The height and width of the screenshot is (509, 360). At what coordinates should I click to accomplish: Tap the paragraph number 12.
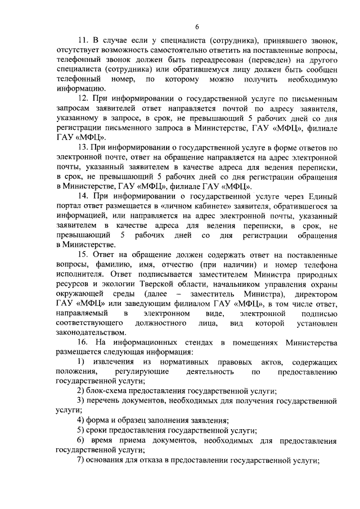click(83, 98)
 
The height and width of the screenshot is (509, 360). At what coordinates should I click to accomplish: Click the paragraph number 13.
click(83, 147)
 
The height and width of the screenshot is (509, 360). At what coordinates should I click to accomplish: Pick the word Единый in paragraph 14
click(321, 196)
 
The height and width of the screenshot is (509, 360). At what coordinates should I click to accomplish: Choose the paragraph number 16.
click(83, 343)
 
